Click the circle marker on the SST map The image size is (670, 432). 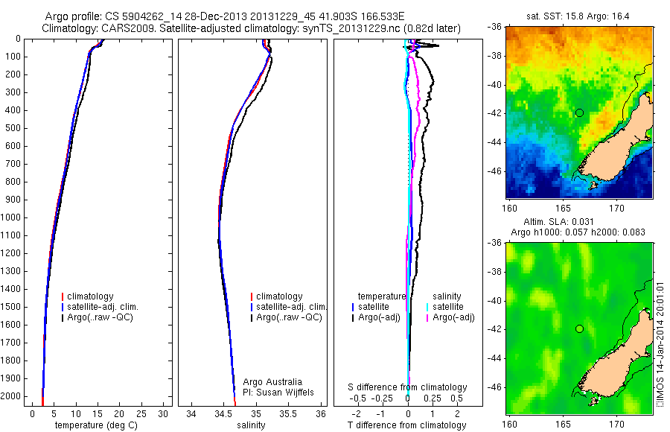pos(579,112)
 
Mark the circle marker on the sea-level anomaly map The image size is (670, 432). pos(579,328)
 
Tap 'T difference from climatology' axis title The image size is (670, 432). pos(406,425)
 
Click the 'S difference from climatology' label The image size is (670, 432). pos(408,387)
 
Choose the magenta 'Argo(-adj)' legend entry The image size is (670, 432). pos(453,318)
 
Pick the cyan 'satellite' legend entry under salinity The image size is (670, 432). pos(449,307)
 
